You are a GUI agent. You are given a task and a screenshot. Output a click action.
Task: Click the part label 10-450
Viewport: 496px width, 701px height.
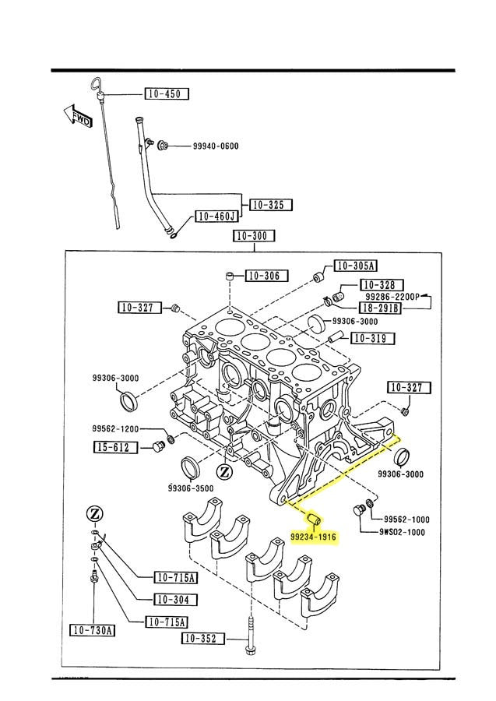pos(167,94)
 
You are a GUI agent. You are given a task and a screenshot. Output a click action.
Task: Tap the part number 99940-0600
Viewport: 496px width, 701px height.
pos(216,146)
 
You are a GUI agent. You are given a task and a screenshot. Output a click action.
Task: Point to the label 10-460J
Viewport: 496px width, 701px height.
pos(216,216)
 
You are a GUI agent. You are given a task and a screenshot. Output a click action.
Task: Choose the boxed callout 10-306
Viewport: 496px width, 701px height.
pos(266,276)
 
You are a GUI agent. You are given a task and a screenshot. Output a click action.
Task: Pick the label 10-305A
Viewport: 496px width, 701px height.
pos(355,266)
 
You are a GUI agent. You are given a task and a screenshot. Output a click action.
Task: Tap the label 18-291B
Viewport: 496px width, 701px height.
pos(380,308)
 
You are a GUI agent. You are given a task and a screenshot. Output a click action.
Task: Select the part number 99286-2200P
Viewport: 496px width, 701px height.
pos(391,297)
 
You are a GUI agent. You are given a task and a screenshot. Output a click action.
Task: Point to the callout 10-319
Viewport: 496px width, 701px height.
pos(372,338)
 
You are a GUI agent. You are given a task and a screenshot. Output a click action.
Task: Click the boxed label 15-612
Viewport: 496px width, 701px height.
pos(116,447)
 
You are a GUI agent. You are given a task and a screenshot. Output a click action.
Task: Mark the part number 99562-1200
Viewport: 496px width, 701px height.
pos(114,428)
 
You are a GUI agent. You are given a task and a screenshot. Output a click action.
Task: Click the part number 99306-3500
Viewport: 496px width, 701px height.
pos(190,488)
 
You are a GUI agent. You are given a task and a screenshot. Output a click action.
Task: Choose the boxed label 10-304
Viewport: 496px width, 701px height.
pos(175,600)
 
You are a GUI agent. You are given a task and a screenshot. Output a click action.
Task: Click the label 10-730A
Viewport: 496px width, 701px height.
pos(92,630)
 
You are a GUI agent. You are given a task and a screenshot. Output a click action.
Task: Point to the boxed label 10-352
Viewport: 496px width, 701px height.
pos(204,639)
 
